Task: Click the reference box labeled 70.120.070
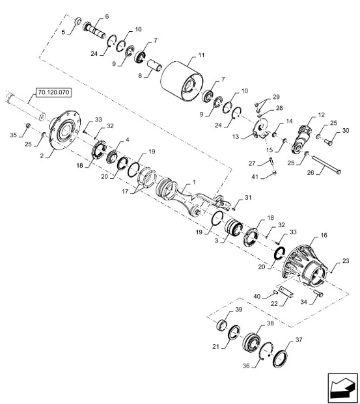(54, 92)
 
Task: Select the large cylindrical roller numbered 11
(181, 80)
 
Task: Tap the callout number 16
(324, 235)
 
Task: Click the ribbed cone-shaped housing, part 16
(304, 265)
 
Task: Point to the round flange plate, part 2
(64, 130)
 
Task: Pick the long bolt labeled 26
(327, 165)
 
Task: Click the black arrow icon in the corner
(343, 387)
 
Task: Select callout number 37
(299, 340)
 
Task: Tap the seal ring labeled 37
(280, 358)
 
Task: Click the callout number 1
(194, 182)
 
